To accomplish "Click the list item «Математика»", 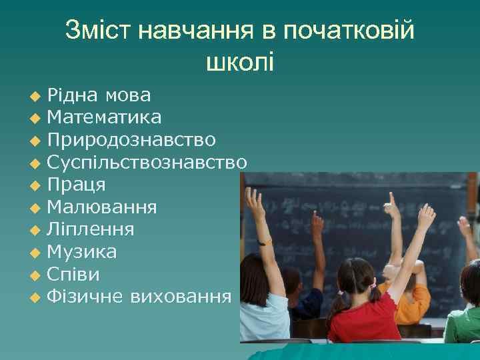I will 104,118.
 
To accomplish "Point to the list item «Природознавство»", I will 131,140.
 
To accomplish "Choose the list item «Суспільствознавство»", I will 147,162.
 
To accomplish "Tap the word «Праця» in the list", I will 77,184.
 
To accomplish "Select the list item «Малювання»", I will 102,207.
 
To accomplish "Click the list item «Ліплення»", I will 91,230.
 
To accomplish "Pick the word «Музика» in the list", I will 82,252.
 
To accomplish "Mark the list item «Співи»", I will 74,275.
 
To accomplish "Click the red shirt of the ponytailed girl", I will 363,317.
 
